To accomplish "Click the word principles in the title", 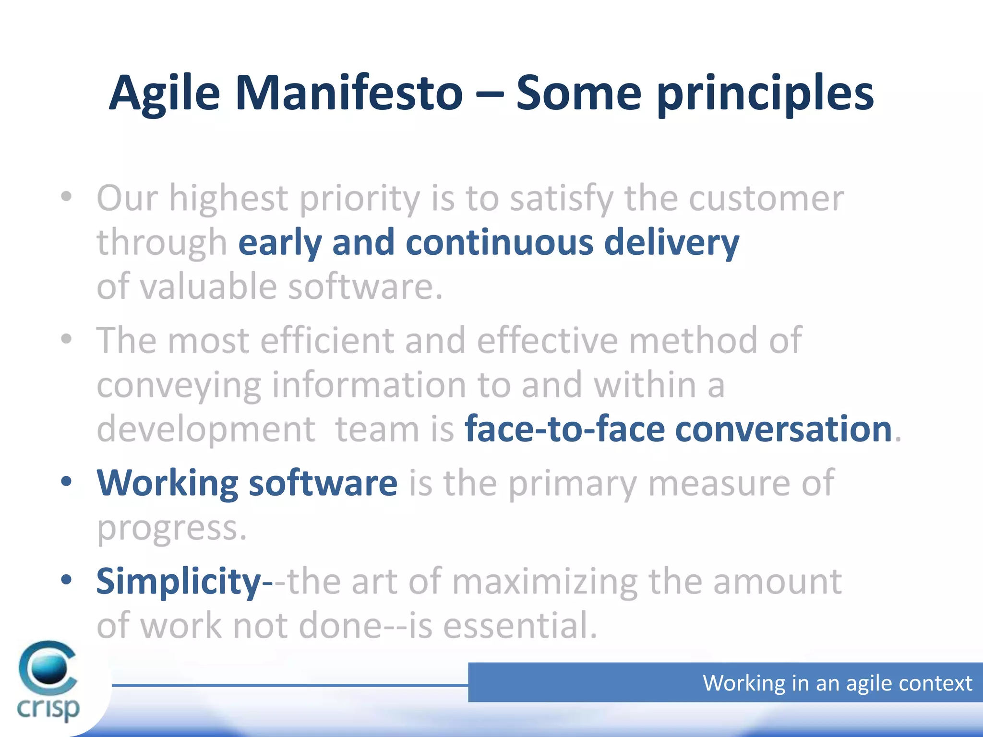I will [x=765, y=94].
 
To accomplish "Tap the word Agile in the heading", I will [x=164, y=94].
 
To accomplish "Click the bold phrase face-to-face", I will [x=564, y=429].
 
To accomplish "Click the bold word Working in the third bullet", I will [x=168, y=483].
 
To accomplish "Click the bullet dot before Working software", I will [x=66, y=481].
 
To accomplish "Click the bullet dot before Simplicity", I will [x=66, y=580].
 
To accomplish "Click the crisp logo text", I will [x=48, y=708].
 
